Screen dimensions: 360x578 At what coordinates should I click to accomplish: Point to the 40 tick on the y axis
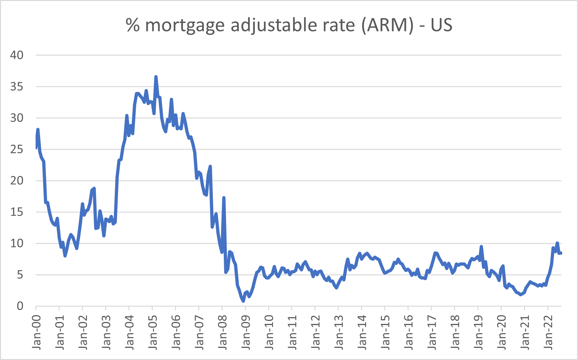pyautogui.click(x=17, y=55)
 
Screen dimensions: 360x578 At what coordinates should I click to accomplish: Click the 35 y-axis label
pyautogui.click(x=17, y=86)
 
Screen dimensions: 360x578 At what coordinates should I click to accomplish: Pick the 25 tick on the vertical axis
pyautogui.click(x=17, y=149)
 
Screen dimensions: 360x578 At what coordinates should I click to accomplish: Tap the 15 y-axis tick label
pyautogui.click(x=17, y=212)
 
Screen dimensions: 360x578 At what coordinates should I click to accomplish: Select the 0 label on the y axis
pyautogui.click(x=20, y=306)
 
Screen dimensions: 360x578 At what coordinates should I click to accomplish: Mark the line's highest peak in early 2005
pyautogui.click(x=156, y=77)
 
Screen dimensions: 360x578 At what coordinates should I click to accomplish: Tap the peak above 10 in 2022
pyautogui.click(x=557, y=243)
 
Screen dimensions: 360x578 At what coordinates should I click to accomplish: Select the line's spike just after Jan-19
pyautogui.click(x=481, y=246)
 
